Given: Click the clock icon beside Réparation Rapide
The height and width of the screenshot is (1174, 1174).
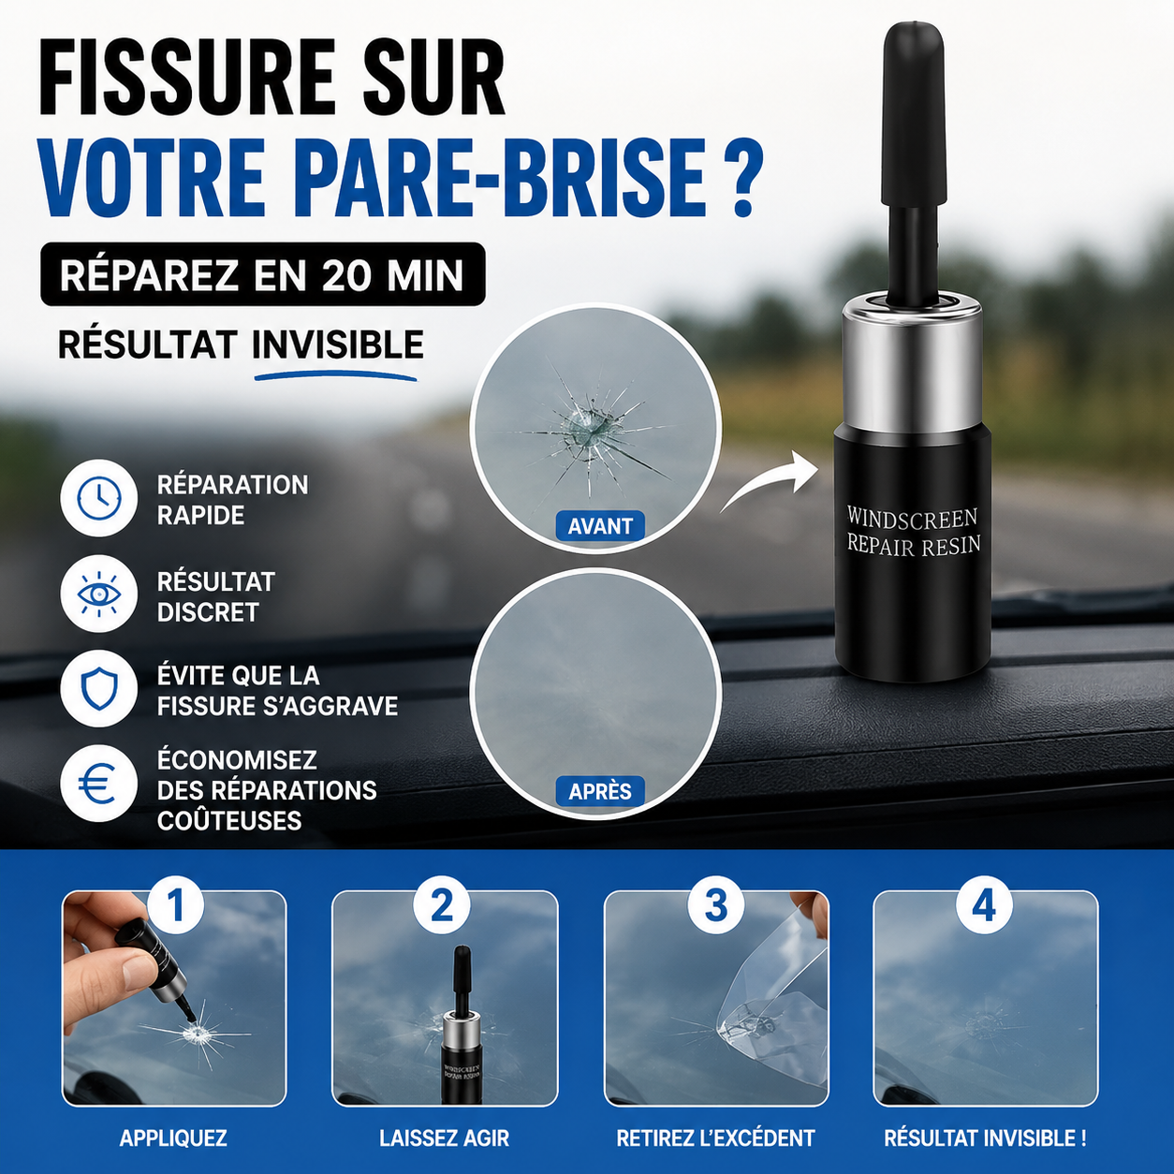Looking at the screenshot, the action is coord(98,499).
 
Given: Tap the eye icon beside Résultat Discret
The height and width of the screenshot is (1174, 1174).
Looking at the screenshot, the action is coord(98,594).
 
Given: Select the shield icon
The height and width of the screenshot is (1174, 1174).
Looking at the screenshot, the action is coord(98,688).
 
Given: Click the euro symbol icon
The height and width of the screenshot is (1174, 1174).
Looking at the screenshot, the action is coord(98,784).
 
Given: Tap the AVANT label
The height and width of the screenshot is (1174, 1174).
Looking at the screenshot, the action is coord(600,526).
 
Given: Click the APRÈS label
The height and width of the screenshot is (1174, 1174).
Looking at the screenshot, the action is coord(600,791).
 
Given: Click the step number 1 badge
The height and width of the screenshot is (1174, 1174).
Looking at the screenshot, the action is coord(177,906).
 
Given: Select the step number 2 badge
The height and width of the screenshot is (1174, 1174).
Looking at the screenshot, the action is coord(442,906).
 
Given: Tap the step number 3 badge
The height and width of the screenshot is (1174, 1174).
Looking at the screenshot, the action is coord(716,906).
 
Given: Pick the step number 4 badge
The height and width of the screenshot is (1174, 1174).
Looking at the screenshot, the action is coord(984,906).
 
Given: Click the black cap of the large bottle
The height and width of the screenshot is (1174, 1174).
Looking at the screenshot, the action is coord(914,122).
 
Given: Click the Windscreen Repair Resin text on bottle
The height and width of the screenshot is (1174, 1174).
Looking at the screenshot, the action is coord(913,531).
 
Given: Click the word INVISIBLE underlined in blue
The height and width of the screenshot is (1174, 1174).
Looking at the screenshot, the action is coord(338,345).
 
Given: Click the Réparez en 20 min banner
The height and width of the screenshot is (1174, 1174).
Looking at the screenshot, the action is coord(262,274).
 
